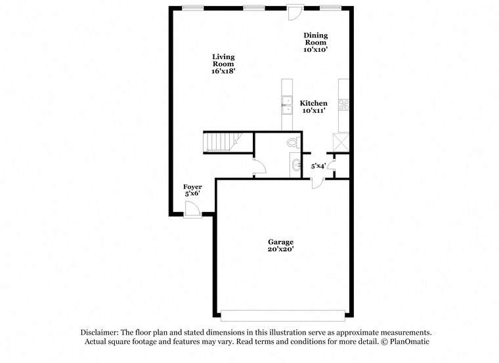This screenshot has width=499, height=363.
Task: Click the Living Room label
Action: click(x=223, y=63)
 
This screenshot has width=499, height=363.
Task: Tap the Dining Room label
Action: click(x=315, y=42)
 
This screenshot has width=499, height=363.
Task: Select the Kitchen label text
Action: click(x=314, y=107)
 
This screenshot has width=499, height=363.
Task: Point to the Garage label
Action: click(x=280, y=246)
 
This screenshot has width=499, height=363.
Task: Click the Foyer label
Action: click(x=192, y=190)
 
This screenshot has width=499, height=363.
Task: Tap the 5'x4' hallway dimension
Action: click(x=318, y=166)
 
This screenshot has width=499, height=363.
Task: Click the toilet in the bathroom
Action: click(x=293, y=142)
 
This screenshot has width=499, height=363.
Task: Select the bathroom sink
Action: click(x=295, y=163)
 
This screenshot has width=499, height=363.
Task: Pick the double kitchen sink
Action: click(x=287, y=105)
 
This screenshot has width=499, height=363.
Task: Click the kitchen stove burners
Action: click(x=343, y=104)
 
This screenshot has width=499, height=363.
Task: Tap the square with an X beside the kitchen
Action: click(x=341, y=141)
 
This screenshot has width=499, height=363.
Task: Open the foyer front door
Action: click(x=193, y=210)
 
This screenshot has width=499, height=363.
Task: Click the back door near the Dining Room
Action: click(x=295, y=11)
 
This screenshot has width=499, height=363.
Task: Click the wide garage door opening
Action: click(x=284, y=316)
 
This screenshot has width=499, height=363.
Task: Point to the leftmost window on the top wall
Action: click(x=192, y=8)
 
